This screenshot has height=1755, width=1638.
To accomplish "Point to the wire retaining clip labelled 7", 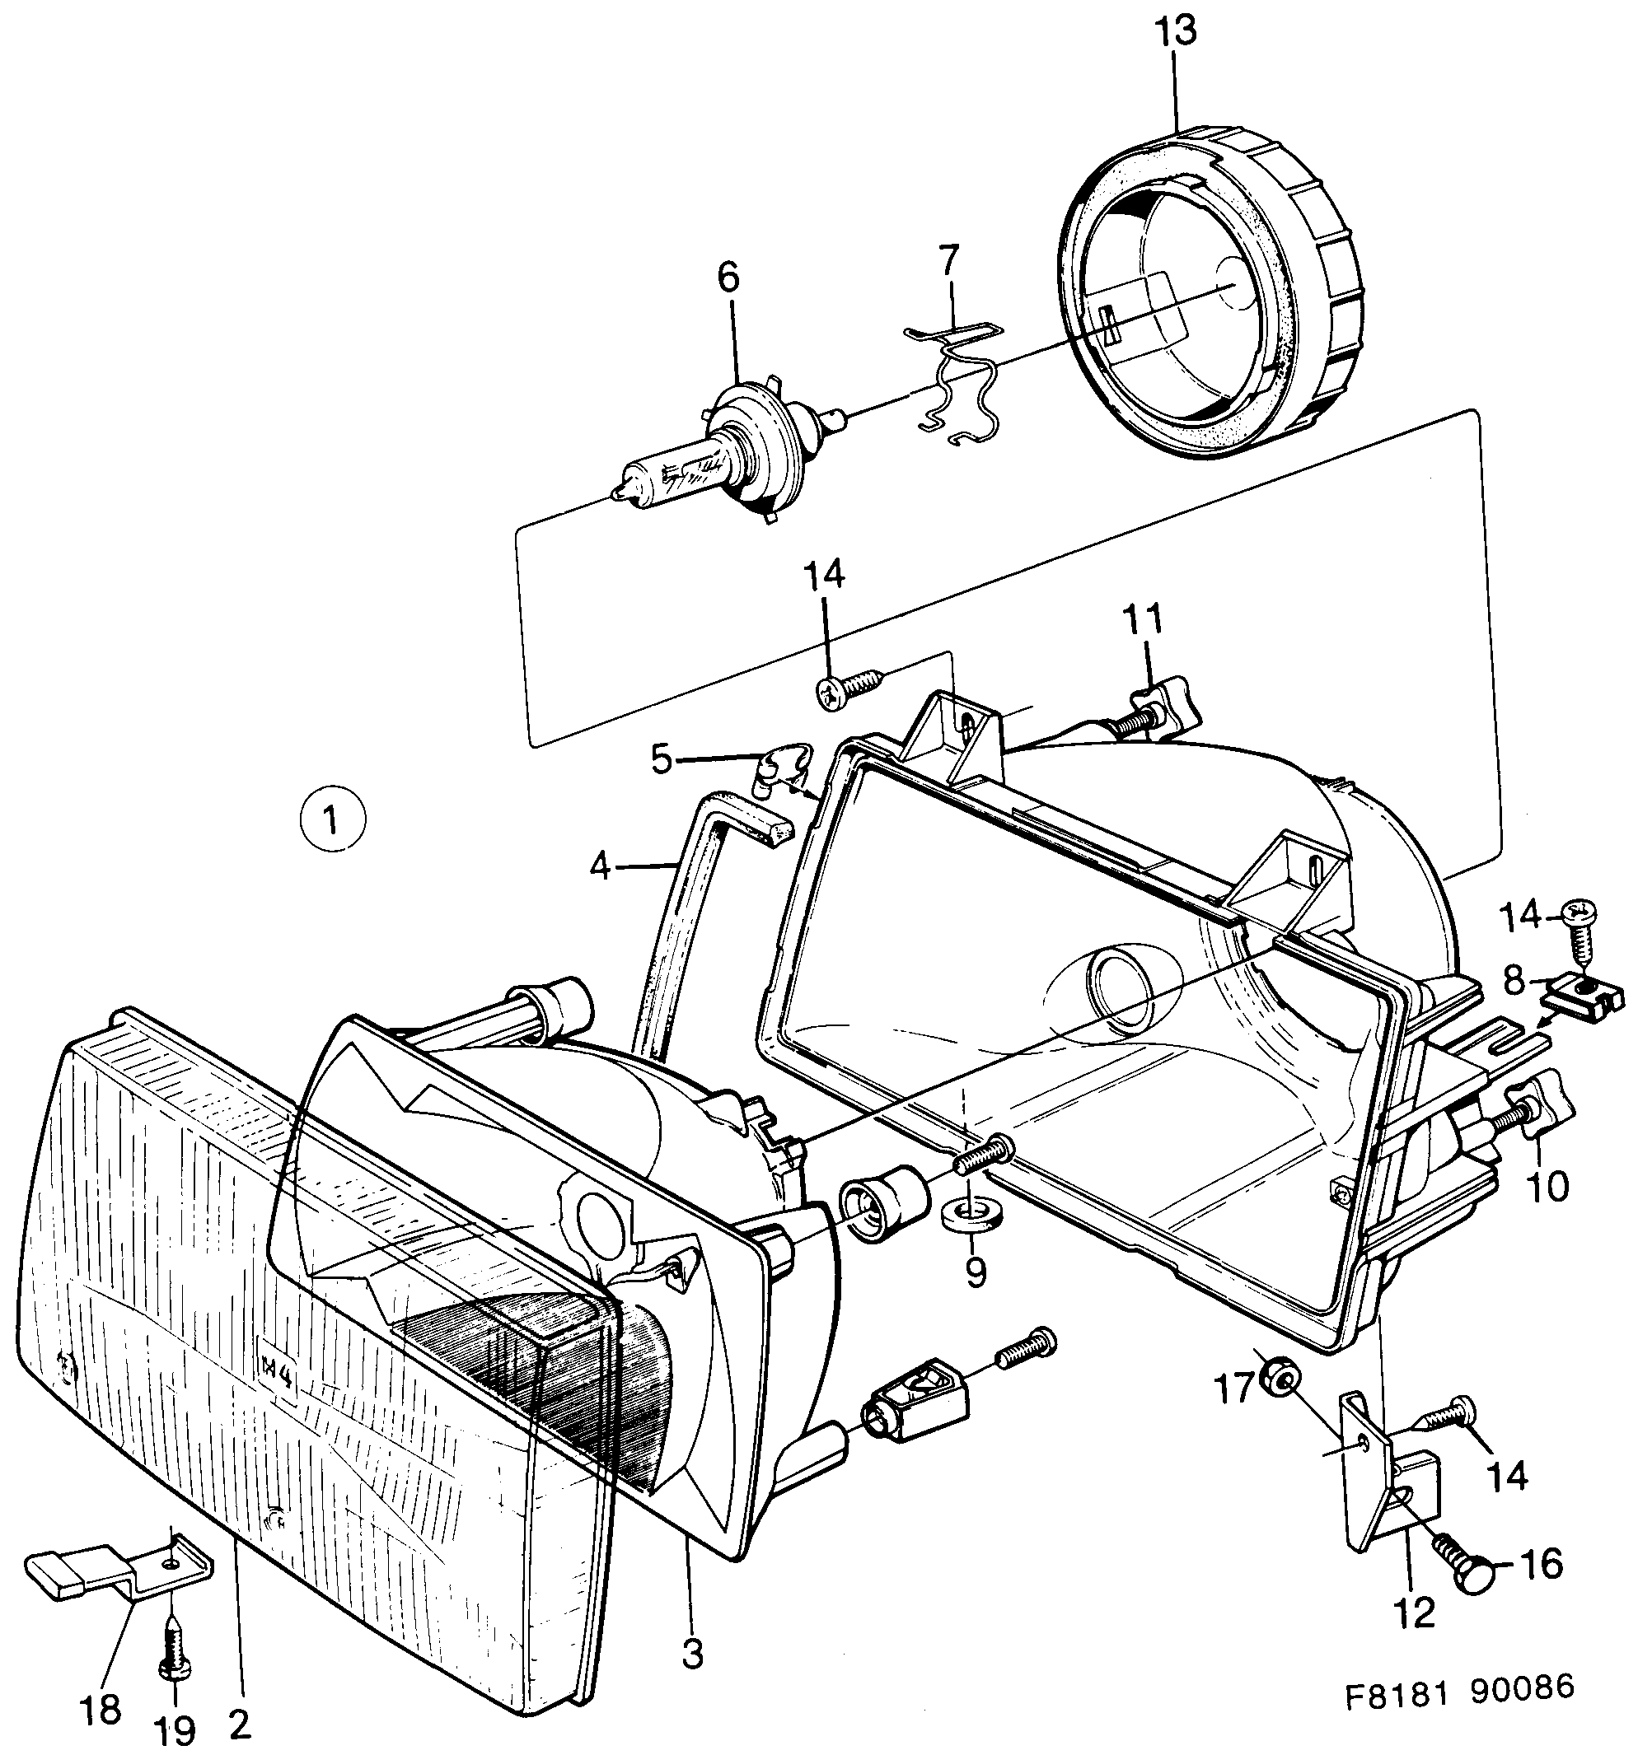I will coord(953,380).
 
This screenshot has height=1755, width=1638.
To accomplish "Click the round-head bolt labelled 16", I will coord(1470,1572).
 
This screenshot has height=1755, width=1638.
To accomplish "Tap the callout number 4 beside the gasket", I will coord(600,868).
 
